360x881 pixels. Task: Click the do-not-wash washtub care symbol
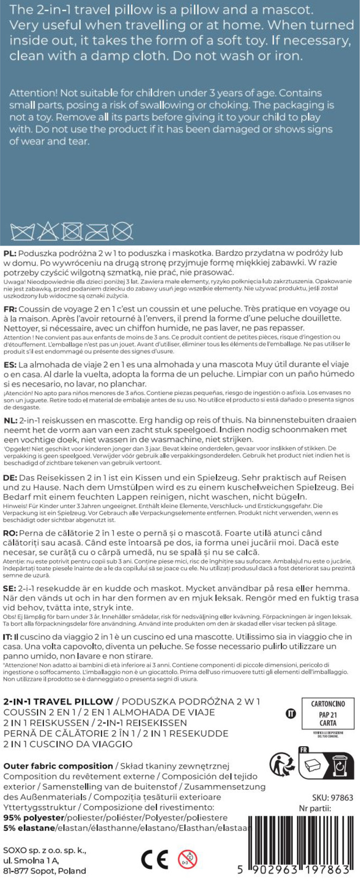click(x=23, y=232)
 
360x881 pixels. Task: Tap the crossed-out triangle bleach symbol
click(x=47, y=231)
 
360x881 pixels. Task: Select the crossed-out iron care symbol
click(x=97, y=232)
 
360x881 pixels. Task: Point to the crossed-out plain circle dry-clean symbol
click(x=122, y=232)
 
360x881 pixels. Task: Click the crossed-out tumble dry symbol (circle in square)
click(x=72, y=232)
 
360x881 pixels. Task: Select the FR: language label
click(x=10, y=309)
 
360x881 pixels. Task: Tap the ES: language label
click(x=10, y=365)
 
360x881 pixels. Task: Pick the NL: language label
click(x=10, y=420)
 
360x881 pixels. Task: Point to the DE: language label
click(x=10, y=477)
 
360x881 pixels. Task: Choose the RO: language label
click(x=10, y=533)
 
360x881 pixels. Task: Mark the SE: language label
click(x=10, y=588)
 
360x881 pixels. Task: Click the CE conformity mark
click(x=154, y=858)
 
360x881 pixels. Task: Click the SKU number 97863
click(x=332, y=797)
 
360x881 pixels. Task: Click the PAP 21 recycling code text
click(x=328, y=714)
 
